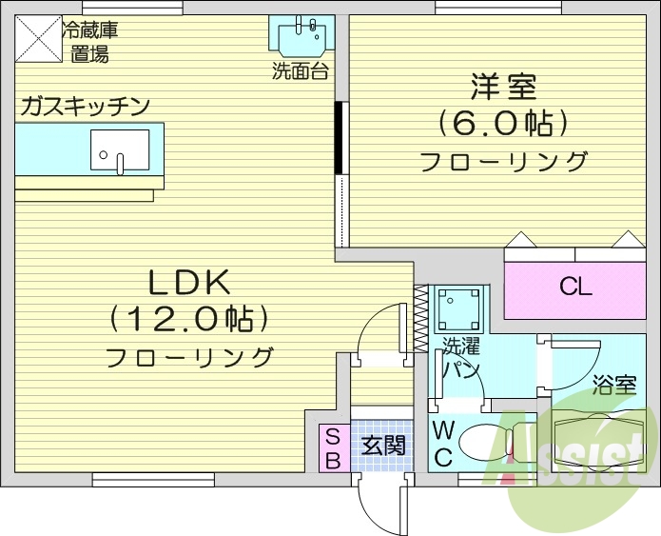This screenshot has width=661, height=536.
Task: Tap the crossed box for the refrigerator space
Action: [x=37, y=41]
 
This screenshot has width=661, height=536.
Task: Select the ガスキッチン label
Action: [x=84, y=106]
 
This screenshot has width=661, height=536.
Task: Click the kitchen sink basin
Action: [x=120, y=149]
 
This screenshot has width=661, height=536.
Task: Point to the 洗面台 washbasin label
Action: [x=301, y=71]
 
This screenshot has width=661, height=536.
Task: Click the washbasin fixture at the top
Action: [x=303, y=36]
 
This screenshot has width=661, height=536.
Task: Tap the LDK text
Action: [x=189, y=282]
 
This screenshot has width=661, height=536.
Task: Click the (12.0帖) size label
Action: [x=188, y=318]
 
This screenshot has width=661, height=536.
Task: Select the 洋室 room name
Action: [x=503, y=88]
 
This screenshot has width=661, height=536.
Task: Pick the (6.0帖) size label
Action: [x=503, y=124]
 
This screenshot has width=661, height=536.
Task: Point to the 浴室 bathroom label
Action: [x=613, y=386]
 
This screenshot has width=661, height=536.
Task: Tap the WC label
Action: [x=443, y=444]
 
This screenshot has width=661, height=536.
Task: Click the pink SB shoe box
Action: [x=333, y=447]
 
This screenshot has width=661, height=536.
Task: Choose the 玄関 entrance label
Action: [x=384, y=445]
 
